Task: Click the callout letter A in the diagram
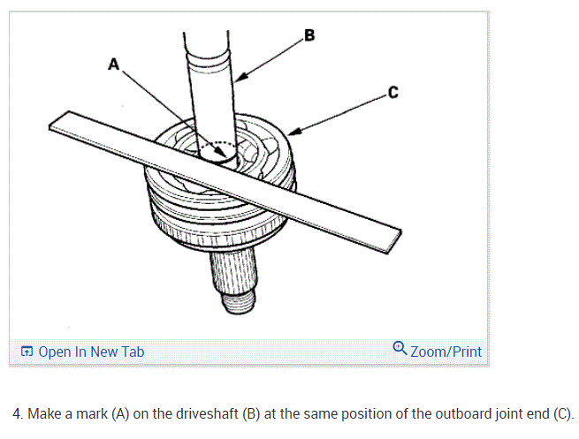tap(112, 64)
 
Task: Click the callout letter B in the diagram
tap(309, 35)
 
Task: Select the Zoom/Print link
tap(446, 351)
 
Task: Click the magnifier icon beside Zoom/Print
tap(400, 350)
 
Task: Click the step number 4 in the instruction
tap(17, 413)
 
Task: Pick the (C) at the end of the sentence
tap(561, 413)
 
